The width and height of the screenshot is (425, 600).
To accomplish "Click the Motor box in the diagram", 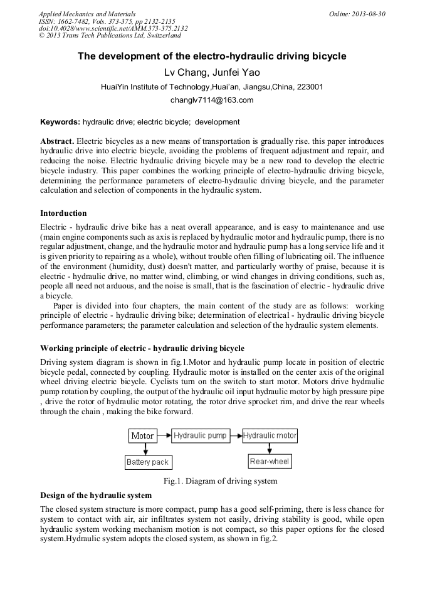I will click(142, 436).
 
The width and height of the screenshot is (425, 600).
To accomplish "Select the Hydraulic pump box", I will click(199, 435).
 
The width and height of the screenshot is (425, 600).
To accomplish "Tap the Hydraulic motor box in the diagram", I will click(270, 435).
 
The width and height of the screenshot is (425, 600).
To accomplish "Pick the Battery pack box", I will click(148, 462).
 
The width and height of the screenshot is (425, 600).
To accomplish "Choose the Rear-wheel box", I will click(270, 462).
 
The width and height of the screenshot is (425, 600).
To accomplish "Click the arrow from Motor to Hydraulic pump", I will click(164, 435).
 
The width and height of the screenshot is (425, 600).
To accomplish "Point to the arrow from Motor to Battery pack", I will click(146, 449).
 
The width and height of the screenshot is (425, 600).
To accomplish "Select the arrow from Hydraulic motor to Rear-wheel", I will click(270, 448).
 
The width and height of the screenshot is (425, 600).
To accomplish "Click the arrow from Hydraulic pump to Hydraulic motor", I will click(235, 435).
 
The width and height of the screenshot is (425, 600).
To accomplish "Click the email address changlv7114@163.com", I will click(212, 100).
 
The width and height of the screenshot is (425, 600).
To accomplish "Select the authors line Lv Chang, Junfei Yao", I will click(212, 73).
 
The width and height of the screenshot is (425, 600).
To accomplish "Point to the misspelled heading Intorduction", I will click(63, 213).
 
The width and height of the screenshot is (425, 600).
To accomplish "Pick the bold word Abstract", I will click(57, 142).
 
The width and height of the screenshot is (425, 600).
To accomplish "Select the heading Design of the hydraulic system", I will click(96, 495).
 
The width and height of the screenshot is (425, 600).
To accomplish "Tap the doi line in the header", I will click(113, 29).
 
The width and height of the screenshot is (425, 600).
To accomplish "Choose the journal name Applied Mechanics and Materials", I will click(87, 14).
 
